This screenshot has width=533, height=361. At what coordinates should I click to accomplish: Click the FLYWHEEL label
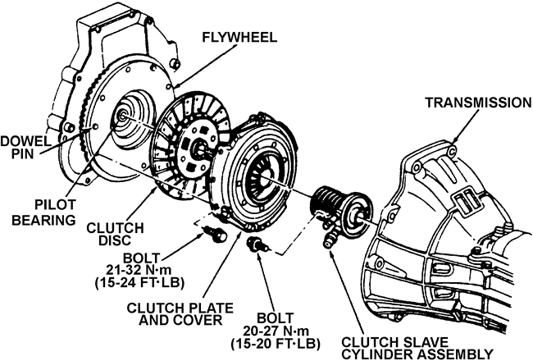coord(239,38)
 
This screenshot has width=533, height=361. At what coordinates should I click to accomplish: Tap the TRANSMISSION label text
coord(479,102)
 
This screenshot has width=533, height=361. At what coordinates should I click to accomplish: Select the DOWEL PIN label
coord(23,147)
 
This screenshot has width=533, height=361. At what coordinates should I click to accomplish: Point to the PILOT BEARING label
coord(44,212)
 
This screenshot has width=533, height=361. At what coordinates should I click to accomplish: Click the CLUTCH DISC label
coord(115,234)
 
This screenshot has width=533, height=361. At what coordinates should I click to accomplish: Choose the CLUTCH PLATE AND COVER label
coord(180,313)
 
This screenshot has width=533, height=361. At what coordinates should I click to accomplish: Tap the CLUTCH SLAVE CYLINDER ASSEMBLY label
coord(417,348)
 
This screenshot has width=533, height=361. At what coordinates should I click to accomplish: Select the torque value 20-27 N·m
coord(276,331)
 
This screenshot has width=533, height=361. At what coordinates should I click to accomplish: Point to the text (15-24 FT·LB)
coord(139,282)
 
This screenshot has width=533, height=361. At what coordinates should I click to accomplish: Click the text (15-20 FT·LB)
coord(276,344)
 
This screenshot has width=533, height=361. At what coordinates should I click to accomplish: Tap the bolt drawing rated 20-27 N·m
coord(258,245)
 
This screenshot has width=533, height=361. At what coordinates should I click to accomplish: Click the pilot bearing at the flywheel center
coord(122,116)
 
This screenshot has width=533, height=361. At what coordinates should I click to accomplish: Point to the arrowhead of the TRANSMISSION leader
coord(455,139)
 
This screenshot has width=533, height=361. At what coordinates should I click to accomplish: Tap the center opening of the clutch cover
coord(263,178)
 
